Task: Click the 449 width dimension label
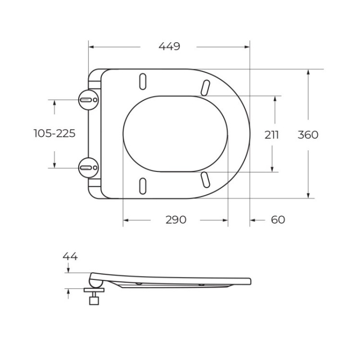(169, 47)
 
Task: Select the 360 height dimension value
(308, 135)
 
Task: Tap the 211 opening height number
(272, 135)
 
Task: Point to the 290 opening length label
(176, 220)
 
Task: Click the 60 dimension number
(278, 220)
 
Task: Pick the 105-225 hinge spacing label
(54, 133)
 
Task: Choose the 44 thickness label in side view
(70, 256)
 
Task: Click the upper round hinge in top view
(88, 99)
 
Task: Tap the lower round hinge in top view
(88, 167)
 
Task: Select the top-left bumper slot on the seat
(143, 81)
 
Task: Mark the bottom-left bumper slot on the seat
(143, 185)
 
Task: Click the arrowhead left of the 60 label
(253, 220)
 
